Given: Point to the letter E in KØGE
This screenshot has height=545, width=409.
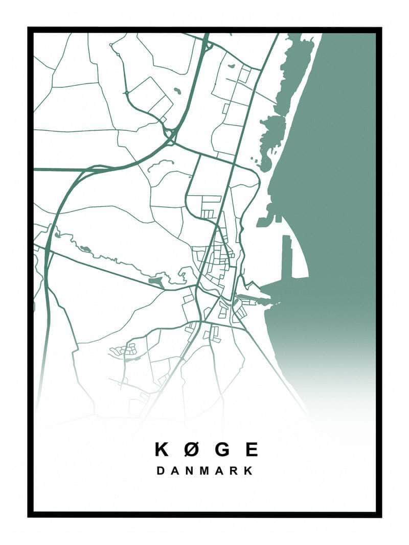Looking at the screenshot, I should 251,449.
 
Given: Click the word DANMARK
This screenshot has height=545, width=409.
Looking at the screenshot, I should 204,471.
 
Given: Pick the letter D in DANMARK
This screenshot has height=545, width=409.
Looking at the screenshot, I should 161,471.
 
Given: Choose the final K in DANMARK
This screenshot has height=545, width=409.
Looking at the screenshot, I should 248,471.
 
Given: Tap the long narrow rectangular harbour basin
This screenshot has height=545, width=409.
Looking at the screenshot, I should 287,255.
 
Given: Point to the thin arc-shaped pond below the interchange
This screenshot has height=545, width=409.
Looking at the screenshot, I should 160,164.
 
